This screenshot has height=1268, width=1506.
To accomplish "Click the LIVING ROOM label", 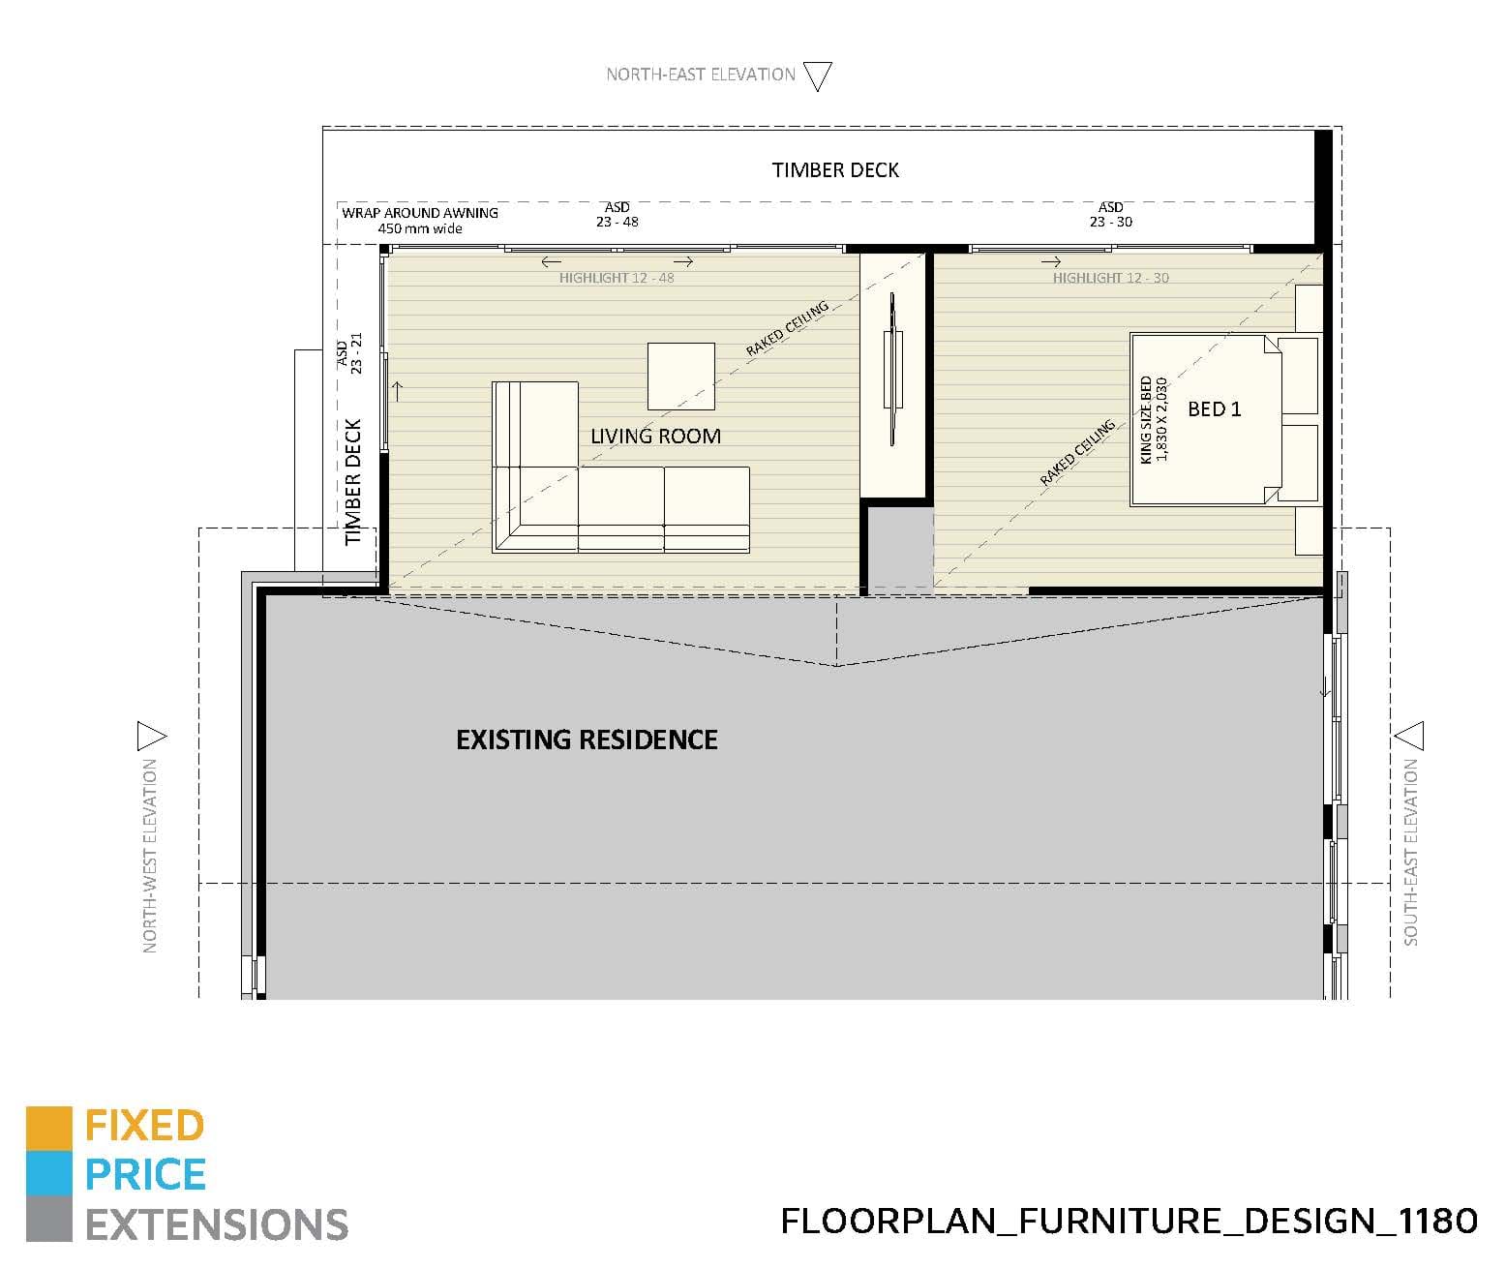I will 655,436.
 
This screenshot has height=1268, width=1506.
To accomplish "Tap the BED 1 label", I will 1214,408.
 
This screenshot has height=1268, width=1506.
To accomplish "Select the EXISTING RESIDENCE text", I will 587,740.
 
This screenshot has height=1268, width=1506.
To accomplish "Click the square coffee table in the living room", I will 680,377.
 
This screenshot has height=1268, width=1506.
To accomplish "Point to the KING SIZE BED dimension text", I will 1154,419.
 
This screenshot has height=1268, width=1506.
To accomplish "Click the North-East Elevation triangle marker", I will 818,75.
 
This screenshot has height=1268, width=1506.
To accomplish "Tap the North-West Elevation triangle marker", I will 151,737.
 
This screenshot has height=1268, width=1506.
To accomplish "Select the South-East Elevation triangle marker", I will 1410,736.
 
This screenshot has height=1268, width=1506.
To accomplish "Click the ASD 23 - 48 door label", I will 617,214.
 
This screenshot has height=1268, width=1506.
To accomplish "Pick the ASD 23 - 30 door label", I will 1110,214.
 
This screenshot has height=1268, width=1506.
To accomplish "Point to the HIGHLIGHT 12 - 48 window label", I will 617,278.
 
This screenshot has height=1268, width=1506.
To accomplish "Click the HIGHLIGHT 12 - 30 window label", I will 1110,278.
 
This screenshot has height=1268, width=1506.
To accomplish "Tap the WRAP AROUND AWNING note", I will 420,220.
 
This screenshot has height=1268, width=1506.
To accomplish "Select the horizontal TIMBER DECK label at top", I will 835,170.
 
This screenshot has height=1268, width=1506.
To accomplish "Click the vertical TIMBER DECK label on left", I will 353,481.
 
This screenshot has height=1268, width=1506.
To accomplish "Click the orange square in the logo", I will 49,1129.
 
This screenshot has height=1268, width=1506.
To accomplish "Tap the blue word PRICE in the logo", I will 145,1175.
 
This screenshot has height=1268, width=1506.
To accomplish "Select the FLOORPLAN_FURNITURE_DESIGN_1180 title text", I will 1129,1221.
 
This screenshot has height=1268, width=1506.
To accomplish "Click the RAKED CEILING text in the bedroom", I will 1077,453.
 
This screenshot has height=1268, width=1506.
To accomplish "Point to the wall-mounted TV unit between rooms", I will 892,370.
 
